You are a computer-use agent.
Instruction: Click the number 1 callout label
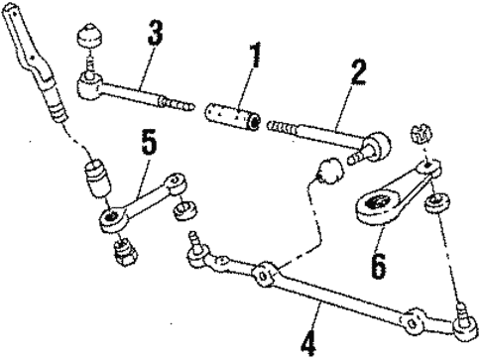[255, 59]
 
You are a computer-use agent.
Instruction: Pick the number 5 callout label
[148, 143]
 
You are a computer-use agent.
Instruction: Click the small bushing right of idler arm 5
[183, 212]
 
